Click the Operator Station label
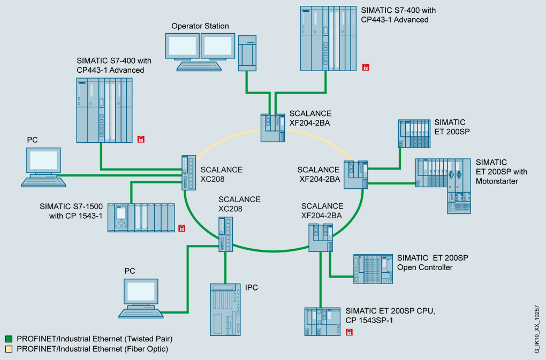[x=200, y=26]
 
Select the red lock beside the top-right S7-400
[x=366, y=67]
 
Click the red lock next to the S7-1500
[x=181, y=228]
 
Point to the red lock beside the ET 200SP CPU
[x=350, y=332]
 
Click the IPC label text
[x=252, y=288]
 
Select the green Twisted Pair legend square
[x=9, y=339]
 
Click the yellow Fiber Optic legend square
[x=9, y=349]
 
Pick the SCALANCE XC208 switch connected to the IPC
[x=225, y=234]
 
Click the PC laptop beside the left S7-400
[x=44, y=167]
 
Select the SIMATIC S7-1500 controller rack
[x=141, y=218]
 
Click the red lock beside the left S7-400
[x=141, y=140]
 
